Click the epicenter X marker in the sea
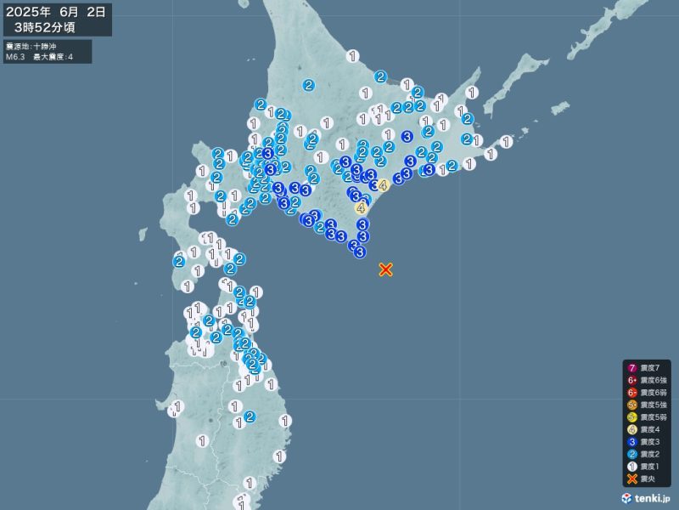(385, 269)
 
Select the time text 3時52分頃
(44, 27)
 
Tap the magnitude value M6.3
(16, 56)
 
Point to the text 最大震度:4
(53, 56)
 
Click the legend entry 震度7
(645, 366)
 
